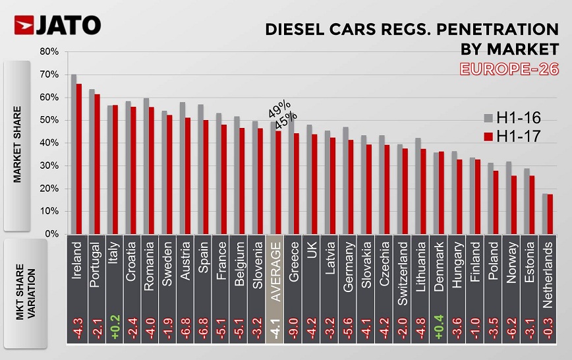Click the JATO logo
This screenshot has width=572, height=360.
point(57,25)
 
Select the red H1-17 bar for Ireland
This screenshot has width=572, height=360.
point(79,158)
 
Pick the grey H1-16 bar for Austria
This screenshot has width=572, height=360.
point(182,168)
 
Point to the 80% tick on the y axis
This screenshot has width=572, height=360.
point(51,51)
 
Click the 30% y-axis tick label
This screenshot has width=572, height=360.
point(51,165)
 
